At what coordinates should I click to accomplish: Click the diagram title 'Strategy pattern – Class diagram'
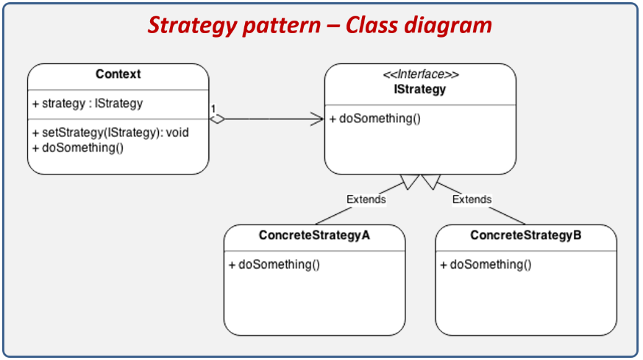320,25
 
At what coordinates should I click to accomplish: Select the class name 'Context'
118,74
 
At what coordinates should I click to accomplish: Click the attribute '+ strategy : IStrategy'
88,103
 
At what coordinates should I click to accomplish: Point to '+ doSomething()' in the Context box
77,147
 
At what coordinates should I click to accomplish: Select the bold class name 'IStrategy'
420,89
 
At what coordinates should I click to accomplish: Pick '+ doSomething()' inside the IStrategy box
375,119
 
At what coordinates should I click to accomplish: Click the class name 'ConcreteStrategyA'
314,236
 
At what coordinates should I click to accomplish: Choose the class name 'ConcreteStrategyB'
525,236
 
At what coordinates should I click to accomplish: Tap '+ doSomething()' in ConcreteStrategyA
274,264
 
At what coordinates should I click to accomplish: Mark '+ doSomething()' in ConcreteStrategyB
486,264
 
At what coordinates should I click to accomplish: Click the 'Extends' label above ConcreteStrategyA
366,199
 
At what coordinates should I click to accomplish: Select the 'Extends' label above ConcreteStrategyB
472,199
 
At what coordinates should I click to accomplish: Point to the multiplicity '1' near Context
213,109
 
